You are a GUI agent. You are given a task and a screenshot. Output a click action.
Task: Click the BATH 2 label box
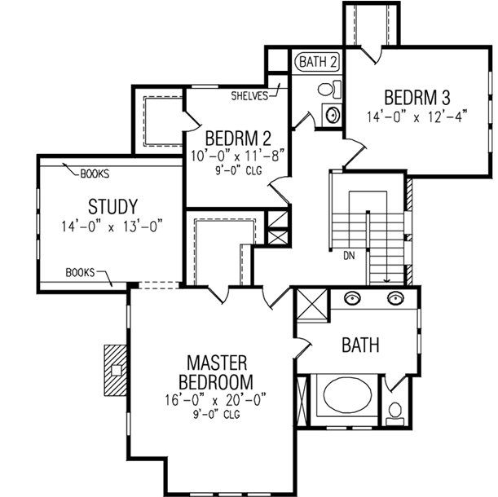pos(318,61)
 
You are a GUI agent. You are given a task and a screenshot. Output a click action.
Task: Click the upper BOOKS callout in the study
pos(95,174)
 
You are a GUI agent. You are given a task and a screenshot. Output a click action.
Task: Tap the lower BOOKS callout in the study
pos(81,272)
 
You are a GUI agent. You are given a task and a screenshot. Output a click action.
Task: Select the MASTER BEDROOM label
pos(219,372)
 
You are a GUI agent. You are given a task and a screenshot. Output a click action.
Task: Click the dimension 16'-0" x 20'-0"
pos(217,401)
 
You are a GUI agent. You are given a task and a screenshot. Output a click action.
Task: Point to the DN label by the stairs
pos(350,255)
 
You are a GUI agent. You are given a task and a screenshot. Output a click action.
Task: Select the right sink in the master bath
pos(396,297)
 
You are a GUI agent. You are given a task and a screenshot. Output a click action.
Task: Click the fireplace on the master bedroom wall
pos(116,368)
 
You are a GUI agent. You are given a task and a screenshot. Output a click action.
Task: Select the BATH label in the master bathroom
pos(360,345)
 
